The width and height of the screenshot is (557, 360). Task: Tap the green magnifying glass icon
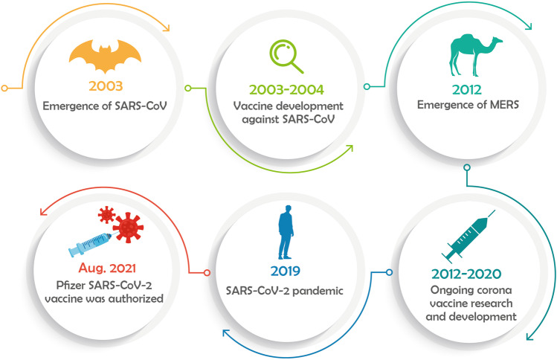286,57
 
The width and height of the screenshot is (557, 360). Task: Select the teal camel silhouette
475,55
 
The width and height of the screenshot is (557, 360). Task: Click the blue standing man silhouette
286,232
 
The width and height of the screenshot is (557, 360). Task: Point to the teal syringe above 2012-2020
469,234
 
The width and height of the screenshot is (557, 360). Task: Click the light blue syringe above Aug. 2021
90,245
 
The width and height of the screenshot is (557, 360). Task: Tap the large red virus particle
128,228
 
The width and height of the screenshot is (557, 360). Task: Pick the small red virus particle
106,215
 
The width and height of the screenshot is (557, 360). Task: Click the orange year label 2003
106,86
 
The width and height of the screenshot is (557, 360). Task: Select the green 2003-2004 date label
286,89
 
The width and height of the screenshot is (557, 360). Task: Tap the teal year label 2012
467,89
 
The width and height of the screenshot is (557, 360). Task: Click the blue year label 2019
286,271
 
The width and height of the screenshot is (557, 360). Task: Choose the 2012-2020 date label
466,274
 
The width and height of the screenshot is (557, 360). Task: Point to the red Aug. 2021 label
107,268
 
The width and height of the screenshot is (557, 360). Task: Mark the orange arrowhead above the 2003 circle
166,28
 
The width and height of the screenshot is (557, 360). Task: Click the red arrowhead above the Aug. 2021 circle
44,212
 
